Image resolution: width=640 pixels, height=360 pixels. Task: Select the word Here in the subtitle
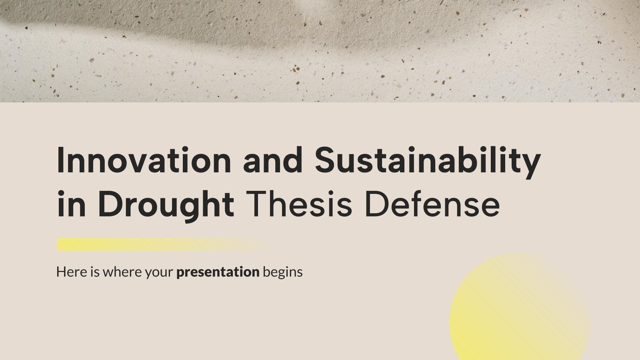(x=70, y=272)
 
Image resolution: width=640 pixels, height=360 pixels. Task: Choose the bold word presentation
(x=218, y=272)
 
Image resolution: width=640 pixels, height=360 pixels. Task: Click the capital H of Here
(x=61, y=272)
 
